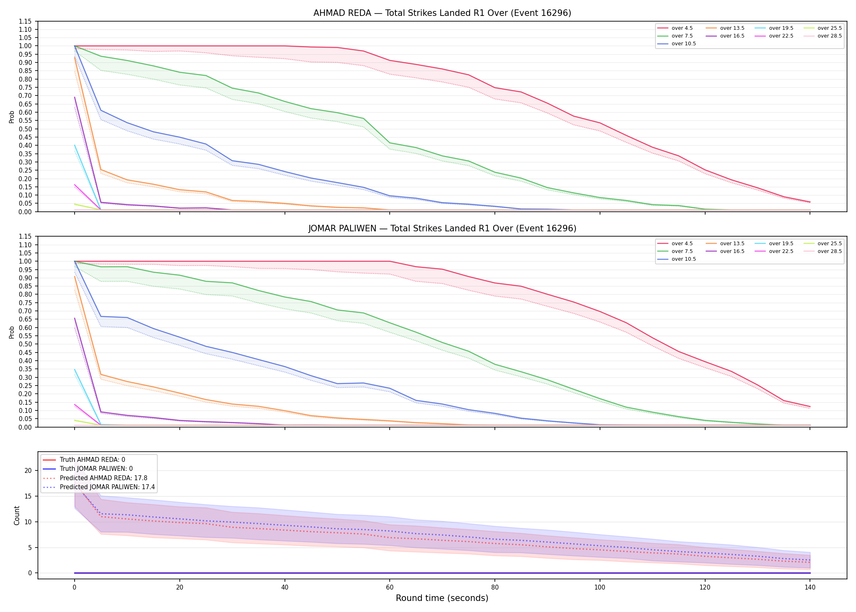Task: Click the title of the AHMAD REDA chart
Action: (x=442, y=13)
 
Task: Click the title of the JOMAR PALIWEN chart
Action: (x=442, y=228)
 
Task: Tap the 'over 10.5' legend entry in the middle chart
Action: (x=677, y=259)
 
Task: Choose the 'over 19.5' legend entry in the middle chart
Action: (x=774, y=244)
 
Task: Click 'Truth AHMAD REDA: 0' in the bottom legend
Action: (x=84, y=460)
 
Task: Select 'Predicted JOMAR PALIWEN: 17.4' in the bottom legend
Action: (x=99, y=487)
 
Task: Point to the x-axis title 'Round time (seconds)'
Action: (x=442, y=598)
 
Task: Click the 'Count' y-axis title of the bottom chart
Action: (x=17, y=515)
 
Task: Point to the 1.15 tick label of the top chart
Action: (x=25, y=21)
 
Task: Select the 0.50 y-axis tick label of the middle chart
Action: (x=25, y=344)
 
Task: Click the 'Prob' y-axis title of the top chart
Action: (x=12, y=117)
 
